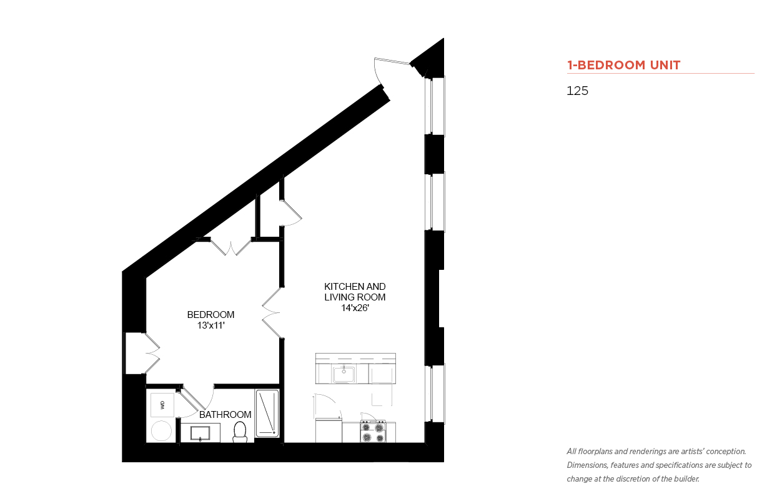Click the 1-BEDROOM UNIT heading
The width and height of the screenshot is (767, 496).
[623, 65]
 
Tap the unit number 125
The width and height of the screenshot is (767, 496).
[577, 91]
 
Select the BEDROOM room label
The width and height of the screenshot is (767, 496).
[210, 314]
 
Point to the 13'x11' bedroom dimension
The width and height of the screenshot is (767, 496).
[210, 325]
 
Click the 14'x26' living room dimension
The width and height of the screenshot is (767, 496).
[355, 308]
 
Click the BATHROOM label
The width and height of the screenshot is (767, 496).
[225, 414]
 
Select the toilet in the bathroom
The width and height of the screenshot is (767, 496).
[240, 432]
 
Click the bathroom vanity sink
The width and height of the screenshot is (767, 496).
[200, 433]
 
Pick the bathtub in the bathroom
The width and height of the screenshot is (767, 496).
[267, 413]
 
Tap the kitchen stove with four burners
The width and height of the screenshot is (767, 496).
[373, 432]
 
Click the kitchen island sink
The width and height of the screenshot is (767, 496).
[344, 374]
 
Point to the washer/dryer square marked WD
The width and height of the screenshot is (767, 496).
[162, 405]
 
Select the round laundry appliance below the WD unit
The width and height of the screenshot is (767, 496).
[161, 430]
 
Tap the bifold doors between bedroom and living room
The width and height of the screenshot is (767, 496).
[271, 312]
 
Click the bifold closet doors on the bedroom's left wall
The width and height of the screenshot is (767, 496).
[153, 353]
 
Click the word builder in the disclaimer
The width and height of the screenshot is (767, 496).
[686, 479]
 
